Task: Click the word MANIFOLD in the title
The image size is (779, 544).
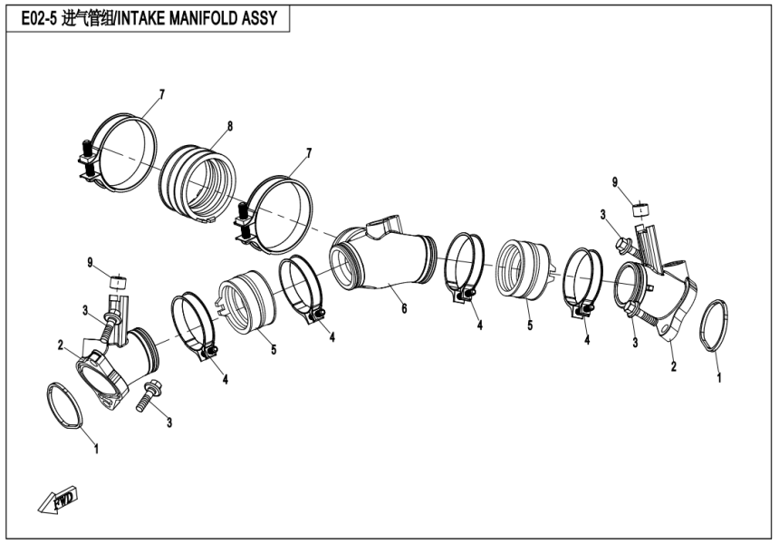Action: [x=203, y=18]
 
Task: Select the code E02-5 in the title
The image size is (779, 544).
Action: [x=36, y=18]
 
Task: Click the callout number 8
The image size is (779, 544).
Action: [x=230, y=126]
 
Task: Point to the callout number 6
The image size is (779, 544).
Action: [x=404, y=308]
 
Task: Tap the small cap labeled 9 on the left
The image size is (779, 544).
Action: [x=117, y=282]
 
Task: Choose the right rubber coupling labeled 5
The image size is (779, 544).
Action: [x=525, y=266]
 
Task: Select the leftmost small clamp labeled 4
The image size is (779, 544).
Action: [x=197, y=324]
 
